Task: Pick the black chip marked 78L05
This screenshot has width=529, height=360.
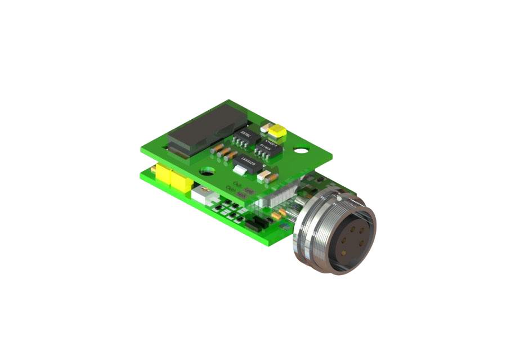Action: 250,137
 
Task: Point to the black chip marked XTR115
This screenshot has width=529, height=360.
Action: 267,148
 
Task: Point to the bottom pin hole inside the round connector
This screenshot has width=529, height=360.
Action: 340,251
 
